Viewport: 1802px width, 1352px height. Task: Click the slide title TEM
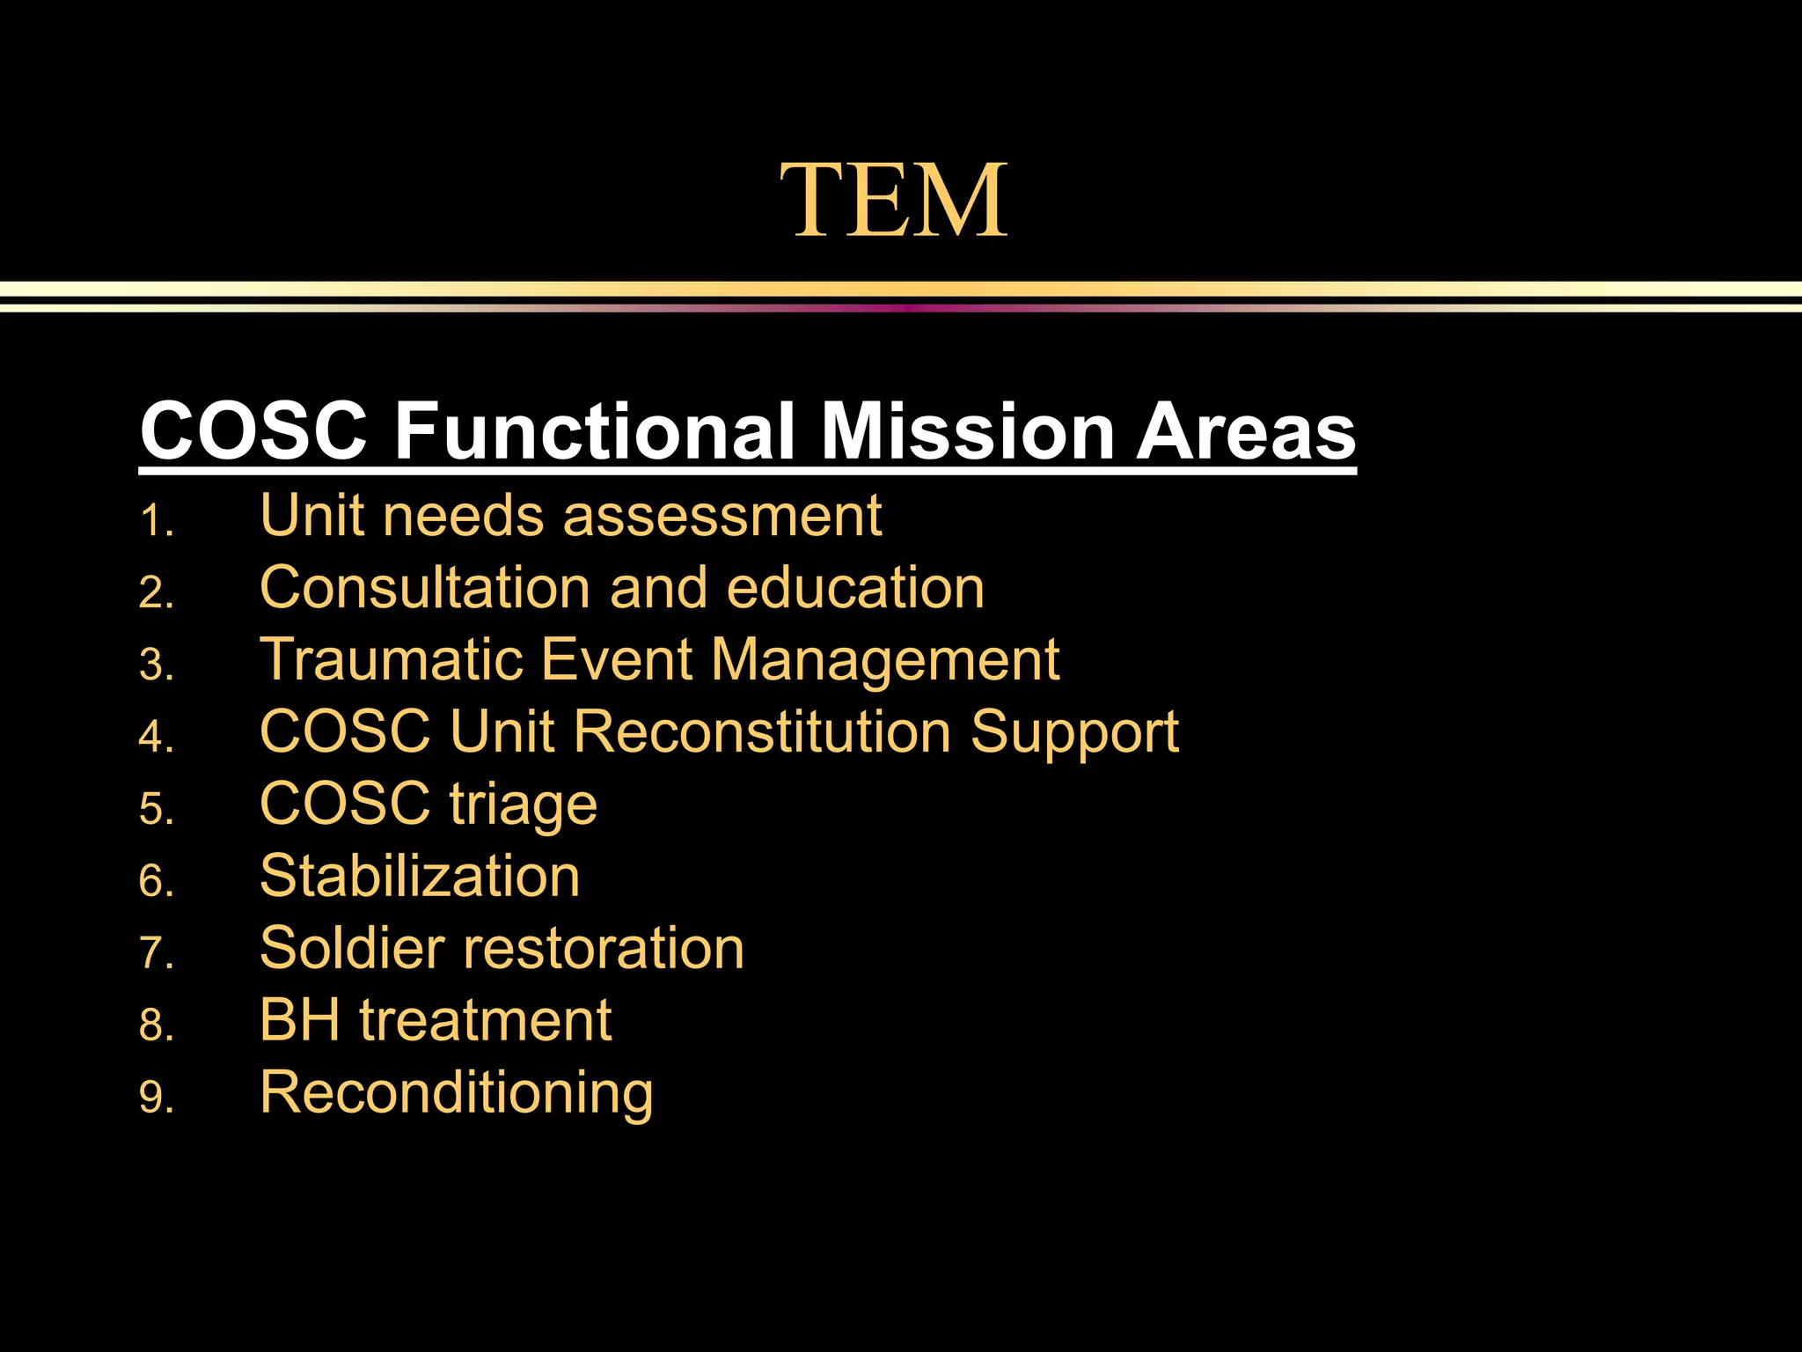[x=893, y=201]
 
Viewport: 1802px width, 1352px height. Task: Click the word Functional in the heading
[x=595, y=431]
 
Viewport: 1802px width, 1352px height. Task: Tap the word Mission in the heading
[x=967, y=431]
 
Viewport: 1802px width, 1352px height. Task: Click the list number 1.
[x=157, y=521]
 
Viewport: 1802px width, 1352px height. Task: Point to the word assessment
[x=722, y=516]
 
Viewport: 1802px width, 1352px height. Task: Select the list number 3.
[x=157, y=665]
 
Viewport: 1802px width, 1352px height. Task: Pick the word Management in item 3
[x=884, y=661]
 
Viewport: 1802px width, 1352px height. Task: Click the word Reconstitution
[x=762, y=731]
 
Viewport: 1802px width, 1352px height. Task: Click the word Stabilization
[x=420, y=876]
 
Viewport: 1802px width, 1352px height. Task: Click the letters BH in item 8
[x=299, y=1020]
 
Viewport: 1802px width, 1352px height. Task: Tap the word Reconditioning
[x=456, y=1094]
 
